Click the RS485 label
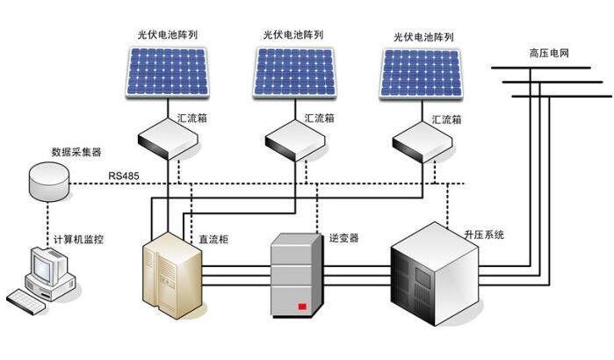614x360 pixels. click(x=123, y=176)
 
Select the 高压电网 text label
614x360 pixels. click(x=549, y=54)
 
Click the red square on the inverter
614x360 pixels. click(x=302, y=306)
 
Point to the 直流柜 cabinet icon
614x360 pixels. click(x=172, y=275)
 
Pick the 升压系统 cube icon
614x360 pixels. click(x=435, y=274)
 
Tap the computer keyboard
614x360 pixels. click(x=25, y=300)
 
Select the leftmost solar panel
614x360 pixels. click(x=167, y=72)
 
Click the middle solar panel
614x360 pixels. click(x=294, y=72)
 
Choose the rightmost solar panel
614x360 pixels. click(x=422, y=74)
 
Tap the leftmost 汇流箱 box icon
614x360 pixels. click(x=168, y=139)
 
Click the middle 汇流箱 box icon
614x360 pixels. click(x=295, y=140)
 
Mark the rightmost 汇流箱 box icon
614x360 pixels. click(x=423, y=141)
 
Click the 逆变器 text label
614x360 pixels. click(x=343, y=238)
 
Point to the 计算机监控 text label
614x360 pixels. click(x=78, y=239)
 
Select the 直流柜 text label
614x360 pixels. click(x=213, y=239)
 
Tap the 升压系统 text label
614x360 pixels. click(x=484, y=234)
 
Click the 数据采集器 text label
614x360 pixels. click(x=76, y=152)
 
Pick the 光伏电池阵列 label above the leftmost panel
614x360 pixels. click(x=168, y=34)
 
